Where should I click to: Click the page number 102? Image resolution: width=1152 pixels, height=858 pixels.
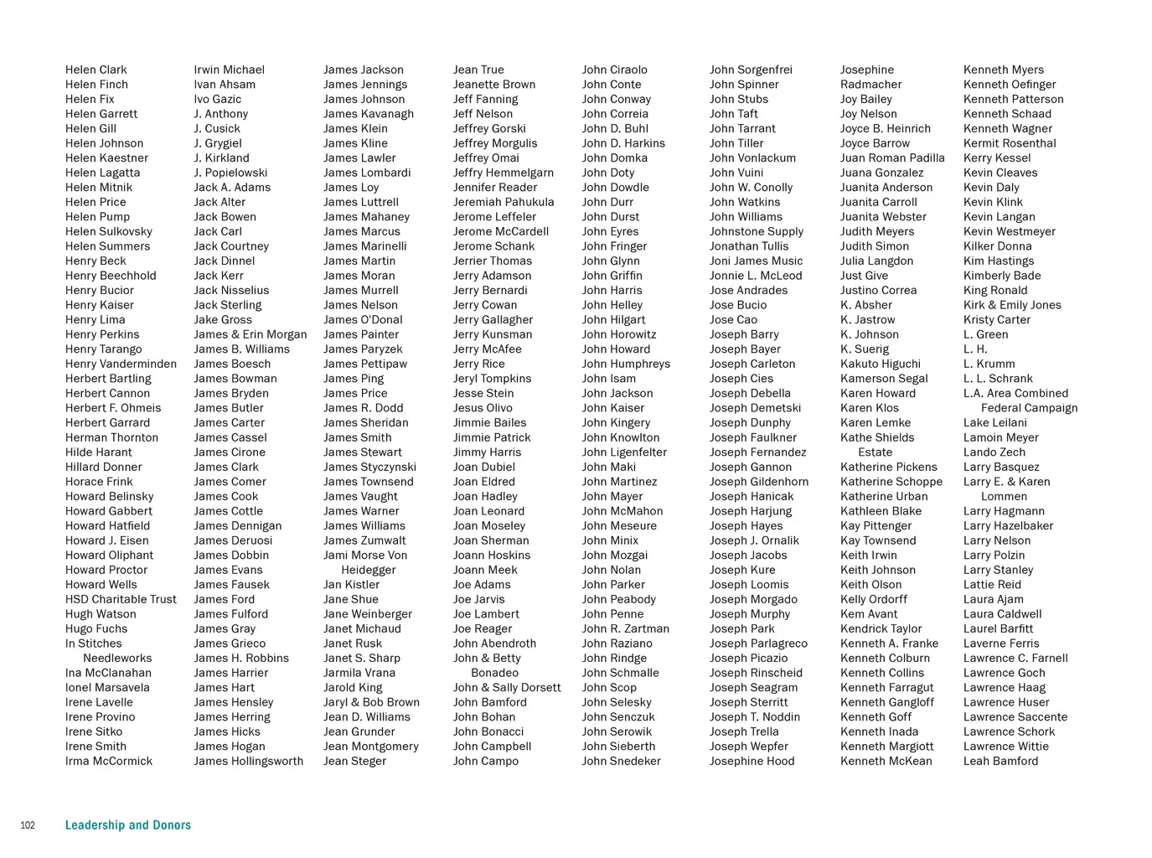28,825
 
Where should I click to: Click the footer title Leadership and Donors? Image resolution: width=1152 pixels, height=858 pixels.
128,825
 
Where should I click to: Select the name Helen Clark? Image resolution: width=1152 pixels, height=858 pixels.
96,70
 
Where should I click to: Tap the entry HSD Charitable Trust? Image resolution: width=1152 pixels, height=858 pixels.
121,599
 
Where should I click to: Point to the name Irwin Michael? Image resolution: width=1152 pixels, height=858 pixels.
229,70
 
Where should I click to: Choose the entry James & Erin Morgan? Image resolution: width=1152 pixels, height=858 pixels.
250,334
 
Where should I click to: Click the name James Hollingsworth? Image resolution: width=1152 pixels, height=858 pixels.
248,761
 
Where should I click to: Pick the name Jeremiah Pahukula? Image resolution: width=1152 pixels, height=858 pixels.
504,202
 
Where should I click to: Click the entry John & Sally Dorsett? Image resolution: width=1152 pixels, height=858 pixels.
507,687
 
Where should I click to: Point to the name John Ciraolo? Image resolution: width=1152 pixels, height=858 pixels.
614,70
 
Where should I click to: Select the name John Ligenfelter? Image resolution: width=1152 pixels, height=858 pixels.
624,452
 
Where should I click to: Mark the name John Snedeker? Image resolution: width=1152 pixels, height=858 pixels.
621,761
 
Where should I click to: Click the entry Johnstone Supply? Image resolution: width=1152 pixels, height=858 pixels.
756,231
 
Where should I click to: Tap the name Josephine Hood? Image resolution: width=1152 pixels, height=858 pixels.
752,761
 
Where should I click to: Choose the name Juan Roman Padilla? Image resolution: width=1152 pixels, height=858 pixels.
892,158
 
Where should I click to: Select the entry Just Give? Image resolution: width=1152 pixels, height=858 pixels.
864,276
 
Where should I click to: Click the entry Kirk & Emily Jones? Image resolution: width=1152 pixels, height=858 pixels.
1012,305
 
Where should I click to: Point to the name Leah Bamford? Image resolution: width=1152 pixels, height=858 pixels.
1000,761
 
